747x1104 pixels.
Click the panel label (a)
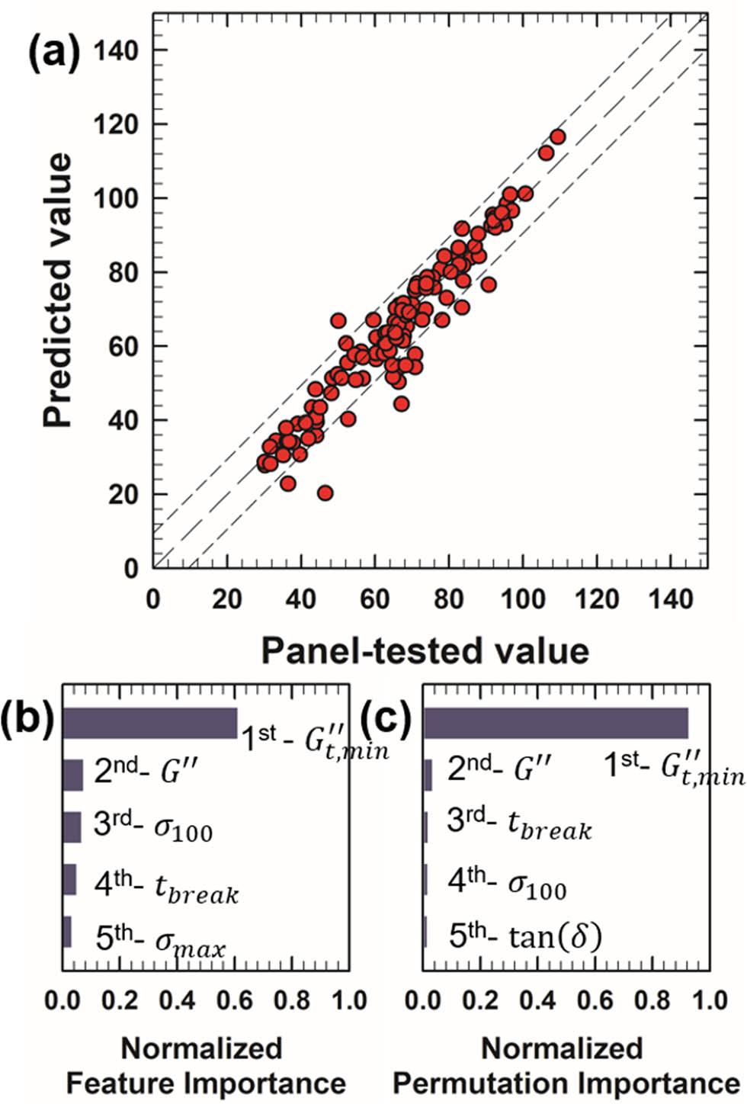[53, 55]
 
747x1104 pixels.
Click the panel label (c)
[386, 718]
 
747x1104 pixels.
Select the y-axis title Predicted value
[58, 290]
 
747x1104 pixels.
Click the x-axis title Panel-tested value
[425, 651]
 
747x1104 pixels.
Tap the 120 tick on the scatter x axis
[597, 599]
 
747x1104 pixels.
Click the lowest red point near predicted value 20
[325, 493]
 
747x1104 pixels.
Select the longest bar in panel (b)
[149, 723]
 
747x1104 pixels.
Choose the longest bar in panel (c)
[556, 723]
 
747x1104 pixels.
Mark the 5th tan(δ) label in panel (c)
[524, 936]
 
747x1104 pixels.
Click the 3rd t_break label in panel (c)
[519, 825]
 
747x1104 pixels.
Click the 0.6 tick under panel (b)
[236, 1000]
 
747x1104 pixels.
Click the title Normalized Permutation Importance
[565, 1066]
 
